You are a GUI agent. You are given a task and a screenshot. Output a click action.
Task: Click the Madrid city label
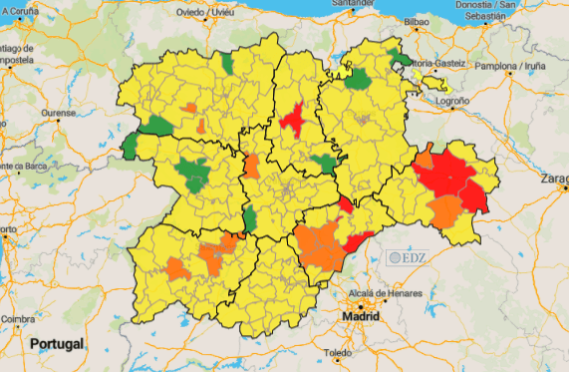[x=361, y=316]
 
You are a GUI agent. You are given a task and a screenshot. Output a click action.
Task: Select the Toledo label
[x=339, y=353]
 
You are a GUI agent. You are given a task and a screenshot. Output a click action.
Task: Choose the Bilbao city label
[x=417, y=21]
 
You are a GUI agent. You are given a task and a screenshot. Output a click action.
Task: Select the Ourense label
[x=58, y=114]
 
